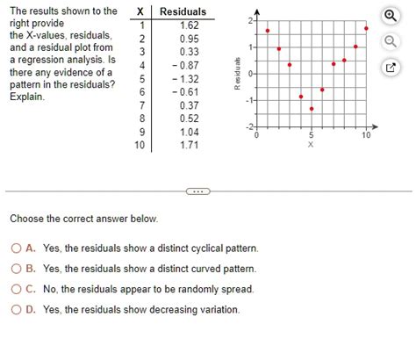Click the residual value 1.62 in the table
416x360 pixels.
189,25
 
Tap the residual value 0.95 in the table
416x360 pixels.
189,39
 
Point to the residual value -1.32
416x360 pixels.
186,78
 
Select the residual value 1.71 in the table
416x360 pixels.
189,144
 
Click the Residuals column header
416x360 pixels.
183,11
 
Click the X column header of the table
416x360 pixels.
140,11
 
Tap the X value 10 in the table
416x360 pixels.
139,144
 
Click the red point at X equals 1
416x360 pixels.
268,31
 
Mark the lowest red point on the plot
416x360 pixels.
312,109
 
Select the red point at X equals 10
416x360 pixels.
366,28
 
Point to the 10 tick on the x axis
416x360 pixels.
366,136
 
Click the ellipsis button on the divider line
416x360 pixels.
196,191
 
